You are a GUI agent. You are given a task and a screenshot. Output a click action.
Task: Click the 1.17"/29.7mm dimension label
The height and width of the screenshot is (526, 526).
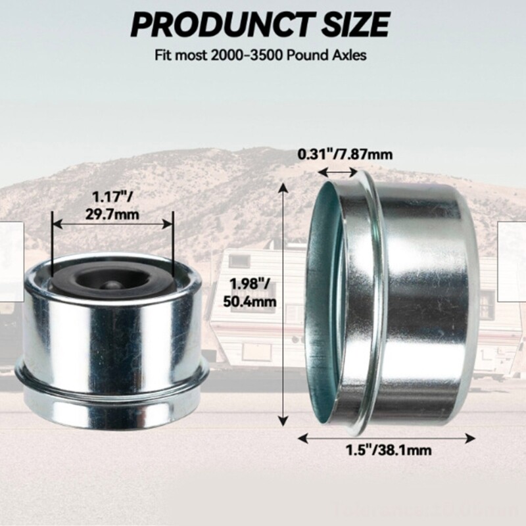112,204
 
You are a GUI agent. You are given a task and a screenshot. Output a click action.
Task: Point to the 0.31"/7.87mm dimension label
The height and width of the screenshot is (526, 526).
345,155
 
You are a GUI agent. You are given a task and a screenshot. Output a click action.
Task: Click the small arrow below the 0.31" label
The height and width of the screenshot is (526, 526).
337,172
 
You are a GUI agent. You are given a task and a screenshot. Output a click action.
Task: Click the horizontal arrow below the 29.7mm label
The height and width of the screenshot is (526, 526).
112,224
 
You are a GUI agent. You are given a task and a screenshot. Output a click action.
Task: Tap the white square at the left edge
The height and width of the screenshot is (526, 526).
11,261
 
